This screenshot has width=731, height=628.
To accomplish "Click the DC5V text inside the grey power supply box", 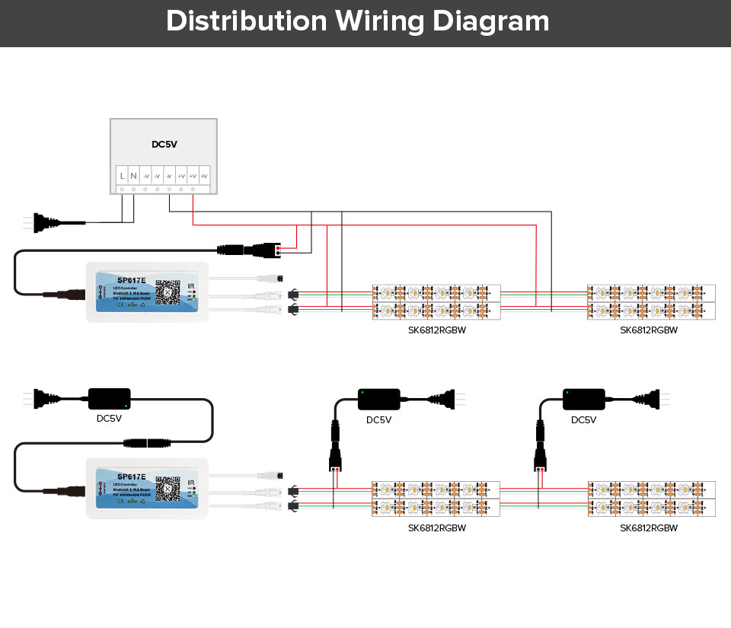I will pyautogui.click(x=164, y=144).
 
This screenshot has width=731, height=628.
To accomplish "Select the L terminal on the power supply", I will pyautogui.click(x=122, y=176).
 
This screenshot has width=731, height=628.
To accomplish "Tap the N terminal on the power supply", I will pyautogui.click(x=133, y=176).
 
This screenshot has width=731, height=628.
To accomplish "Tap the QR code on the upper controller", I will pyautogui.click(x=168, y=292).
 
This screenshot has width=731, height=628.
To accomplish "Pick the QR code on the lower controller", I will pyautogui.click(x=168, y=485).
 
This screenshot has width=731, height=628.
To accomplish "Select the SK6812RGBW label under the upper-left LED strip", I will pyautogui.click(x=436, y=330).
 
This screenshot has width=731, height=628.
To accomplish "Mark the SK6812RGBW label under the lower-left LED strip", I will pyautogui.click(x=436, y=528).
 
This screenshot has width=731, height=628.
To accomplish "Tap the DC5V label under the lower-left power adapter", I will pyautogui.click(x=109, y=418).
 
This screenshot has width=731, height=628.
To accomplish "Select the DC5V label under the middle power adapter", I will pyautogui.click(x=378, y=419).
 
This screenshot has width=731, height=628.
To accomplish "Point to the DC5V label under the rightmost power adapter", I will pyautogui.click(x=584, y=419).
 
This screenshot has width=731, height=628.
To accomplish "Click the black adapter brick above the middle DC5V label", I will pyautogui.click(x=378, y=397).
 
